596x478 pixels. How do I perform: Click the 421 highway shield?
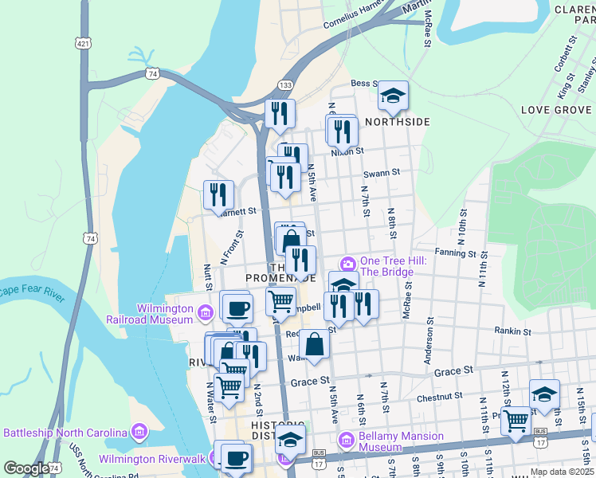coord(83,41)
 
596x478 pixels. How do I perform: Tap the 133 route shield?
coord(284,85)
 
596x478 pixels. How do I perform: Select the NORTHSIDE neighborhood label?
coord(398,122)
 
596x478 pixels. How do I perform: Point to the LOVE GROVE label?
coord(556,109)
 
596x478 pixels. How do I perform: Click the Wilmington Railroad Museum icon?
coord(206,313)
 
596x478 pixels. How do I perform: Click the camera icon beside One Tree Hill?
coord(347,264)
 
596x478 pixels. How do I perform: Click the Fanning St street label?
coord(455,253)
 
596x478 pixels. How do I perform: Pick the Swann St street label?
coord(381,172)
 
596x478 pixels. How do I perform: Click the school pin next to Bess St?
coord(393,96)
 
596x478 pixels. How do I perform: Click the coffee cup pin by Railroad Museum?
coord(236,308)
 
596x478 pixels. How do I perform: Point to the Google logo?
coord(25,468)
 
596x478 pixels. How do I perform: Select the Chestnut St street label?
coord(439,396)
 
